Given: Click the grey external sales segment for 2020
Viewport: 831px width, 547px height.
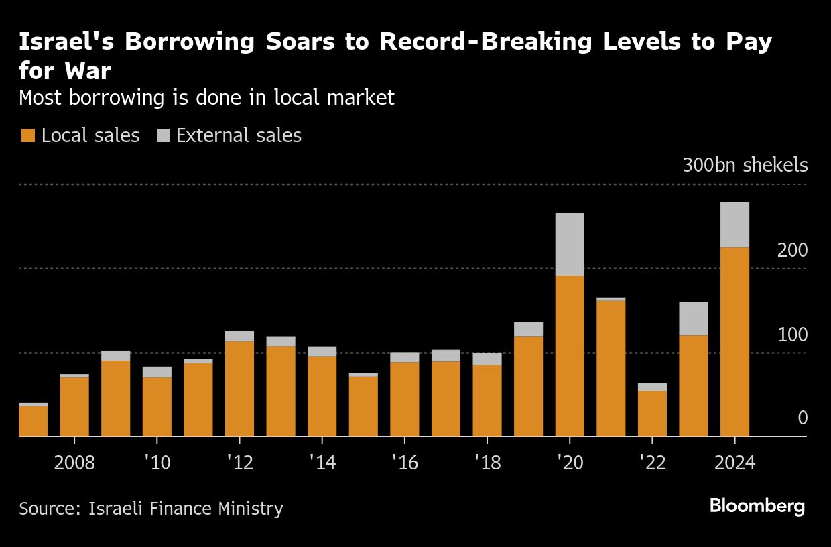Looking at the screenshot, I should [x=570, y=244].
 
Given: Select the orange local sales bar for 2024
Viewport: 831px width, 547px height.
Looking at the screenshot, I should [x=734, y=342].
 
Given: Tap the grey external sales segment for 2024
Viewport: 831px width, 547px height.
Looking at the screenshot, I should [x=734, y=225].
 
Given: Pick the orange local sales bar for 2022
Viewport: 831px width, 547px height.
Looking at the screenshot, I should [x=652, y=414].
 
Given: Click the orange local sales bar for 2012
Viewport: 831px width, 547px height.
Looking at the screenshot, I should [x=239, y=389].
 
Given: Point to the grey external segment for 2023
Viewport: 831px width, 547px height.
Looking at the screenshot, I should [x=694, y=318].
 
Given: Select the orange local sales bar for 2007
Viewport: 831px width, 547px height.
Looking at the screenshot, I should [x=33, y=421].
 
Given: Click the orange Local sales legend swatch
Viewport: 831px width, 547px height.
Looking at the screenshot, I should [x=27, y=136].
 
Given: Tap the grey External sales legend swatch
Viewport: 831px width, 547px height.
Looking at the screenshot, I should [x=164, y=136].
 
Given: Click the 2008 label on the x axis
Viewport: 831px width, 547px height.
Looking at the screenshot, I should [x=74, y=463].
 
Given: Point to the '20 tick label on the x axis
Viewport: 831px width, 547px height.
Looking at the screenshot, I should [x=570, y=463].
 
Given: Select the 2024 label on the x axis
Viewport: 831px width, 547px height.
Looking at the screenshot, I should [x=734, y=463].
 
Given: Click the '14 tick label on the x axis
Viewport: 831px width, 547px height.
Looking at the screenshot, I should [x=322, y=463].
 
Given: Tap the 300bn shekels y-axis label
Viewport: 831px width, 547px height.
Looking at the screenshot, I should [x=745, y=166].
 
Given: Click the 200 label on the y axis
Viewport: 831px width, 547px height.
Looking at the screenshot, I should [x=792, y=251].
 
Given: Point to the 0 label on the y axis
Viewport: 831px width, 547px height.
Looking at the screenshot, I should [x=802, y=418].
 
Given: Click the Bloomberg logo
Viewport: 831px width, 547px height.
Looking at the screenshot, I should [x=757, y=506].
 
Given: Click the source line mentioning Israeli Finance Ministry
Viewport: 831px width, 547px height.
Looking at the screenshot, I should [x=151, y=509].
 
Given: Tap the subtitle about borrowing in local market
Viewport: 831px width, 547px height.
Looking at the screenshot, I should [x=206, y=98].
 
